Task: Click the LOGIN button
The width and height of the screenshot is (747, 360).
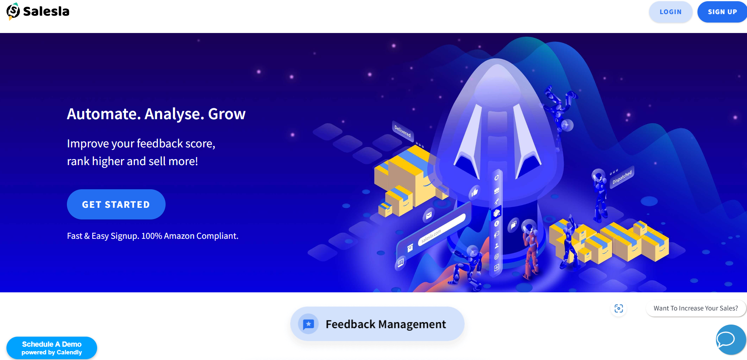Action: click(670, 12)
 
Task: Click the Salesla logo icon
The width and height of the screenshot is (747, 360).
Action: click(13, 11)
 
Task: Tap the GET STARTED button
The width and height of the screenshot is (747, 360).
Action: click(116, 205)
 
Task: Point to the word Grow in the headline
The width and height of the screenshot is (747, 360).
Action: click(227, 114)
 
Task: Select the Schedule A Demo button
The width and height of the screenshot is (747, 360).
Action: click(52, 348)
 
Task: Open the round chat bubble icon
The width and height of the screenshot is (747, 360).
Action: click(731, 339)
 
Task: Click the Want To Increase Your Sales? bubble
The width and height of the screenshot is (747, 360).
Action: click(696, 308)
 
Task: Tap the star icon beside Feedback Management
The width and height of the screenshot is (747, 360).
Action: click(308, 324)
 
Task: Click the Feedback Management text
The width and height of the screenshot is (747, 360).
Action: click(386, 324)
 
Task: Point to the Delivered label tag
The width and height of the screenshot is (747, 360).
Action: click(403, 131)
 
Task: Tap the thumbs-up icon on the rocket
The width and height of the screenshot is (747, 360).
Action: click(475, 192)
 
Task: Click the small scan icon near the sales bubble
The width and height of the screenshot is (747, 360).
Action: click(619, 308)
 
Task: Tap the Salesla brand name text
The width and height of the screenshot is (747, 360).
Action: click(46, 11)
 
